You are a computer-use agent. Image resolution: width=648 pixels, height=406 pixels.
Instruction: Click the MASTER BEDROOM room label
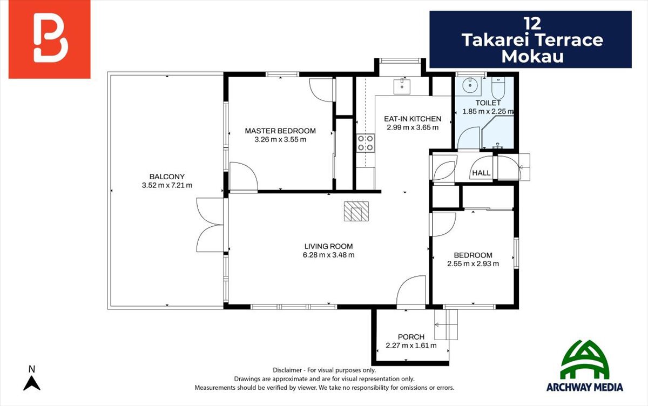point(280,131)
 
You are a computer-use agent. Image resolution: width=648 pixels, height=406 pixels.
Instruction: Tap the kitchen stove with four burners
point(366,143)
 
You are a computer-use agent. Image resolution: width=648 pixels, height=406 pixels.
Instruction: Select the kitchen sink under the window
point(402,86)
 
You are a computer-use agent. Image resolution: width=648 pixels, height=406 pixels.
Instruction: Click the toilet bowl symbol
point(498,88)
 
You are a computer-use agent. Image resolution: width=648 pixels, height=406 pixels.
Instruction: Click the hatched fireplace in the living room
point(356,212)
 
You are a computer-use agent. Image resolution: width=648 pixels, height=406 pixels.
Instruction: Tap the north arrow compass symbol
point(32,379)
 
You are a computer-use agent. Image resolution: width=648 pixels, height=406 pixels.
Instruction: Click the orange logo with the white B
point(50,39)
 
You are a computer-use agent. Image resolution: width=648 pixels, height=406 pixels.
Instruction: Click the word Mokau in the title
point(532,56)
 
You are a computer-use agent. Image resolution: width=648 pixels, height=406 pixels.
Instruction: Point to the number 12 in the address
point(532,24)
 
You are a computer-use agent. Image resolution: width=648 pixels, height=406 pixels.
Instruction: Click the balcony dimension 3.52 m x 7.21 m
point(167,185)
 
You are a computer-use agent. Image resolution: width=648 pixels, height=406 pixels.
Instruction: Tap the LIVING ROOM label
point(328,246)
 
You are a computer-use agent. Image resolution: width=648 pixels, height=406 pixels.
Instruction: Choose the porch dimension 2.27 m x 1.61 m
point(411,346)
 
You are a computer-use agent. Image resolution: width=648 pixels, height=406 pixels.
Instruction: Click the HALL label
point(481,173)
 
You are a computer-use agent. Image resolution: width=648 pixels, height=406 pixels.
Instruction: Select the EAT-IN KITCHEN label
point(413,119)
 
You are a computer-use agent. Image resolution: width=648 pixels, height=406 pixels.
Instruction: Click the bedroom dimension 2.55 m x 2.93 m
point(473,263)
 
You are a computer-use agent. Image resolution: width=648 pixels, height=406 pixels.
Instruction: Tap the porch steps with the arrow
point(446,324)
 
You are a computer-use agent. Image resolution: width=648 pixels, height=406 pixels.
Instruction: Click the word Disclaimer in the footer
point(287,370)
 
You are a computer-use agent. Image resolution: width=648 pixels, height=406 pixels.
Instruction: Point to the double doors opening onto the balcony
point(210,225)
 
